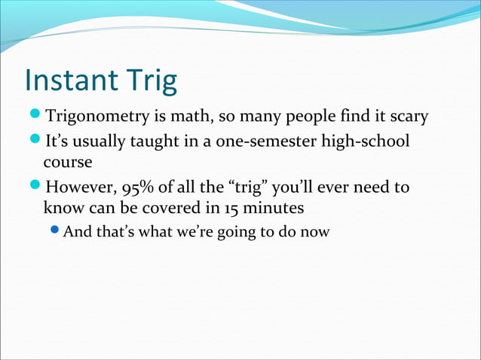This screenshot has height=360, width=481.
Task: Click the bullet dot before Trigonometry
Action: [35, 117]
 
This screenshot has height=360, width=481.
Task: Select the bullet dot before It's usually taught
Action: [35, 141]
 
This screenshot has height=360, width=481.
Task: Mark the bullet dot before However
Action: [35, 185]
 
